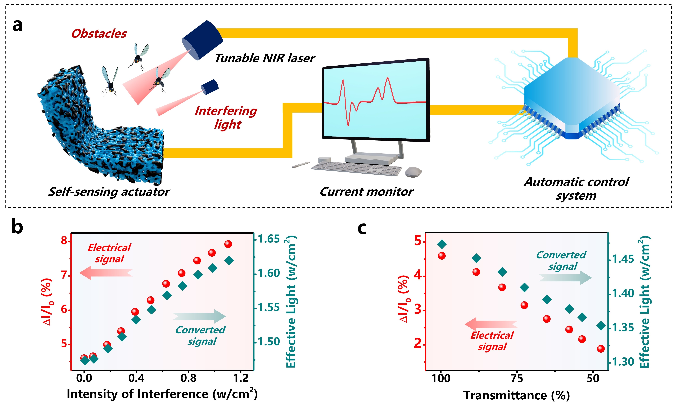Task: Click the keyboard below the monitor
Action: tap(356, 169)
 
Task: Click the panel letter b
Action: tap(17, 227)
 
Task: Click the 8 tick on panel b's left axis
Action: tap(64, 241)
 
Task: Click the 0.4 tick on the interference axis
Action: tap(136, 378)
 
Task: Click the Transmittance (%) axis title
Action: tap(516, 395)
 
